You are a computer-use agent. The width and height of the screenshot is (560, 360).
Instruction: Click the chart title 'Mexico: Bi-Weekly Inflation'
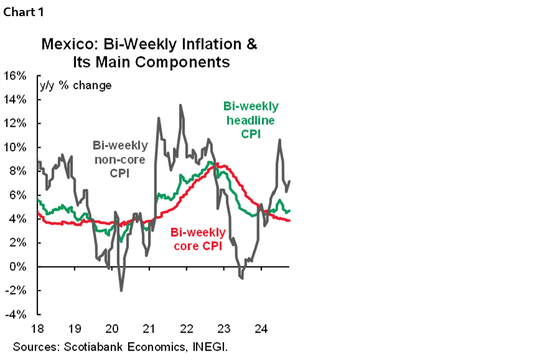(x=149, y=45)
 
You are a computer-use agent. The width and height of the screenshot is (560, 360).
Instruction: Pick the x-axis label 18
(x=37, y=328)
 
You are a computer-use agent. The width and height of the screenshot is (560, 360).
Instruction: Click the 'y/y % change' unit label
(x=76, y=85)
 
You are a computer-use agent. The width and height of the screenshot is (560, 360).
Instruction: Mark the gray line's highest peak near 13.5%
(x=180, y=105)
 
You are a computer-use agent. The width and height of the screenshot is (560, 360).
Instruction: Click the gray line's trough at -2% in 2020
(x=121, y=290)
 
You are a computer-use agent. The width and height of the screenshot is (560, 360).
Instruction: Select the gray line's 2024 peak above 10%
(x=279, y=140)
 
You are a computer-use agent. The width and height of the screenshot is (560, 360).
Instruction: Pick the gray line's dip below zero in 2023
(x=241, y=278)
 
